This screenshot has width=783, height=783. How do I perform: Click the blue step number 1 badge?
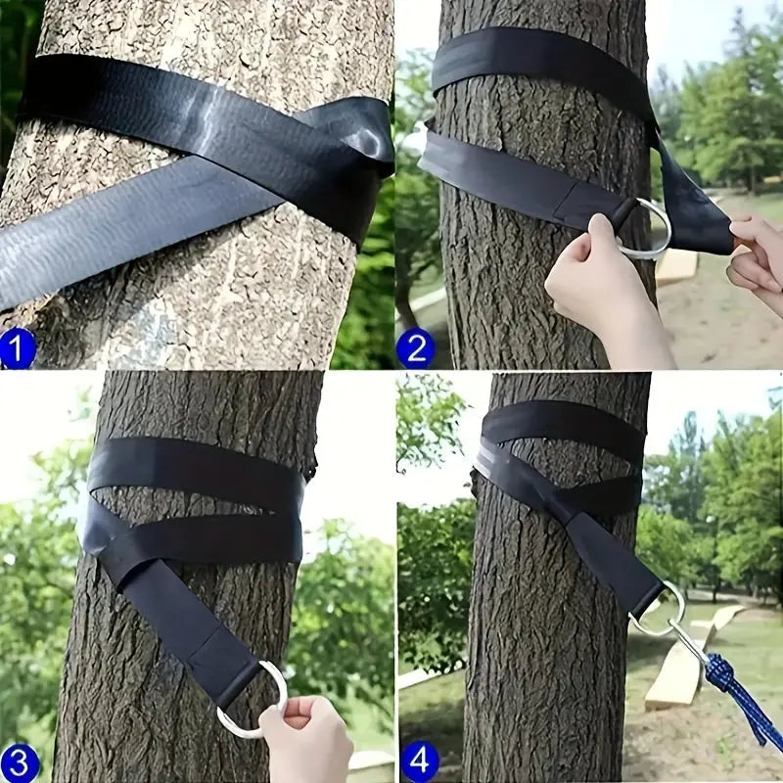[18, 348]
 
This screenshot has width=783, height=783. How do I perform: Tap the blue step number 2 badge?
[415, 348]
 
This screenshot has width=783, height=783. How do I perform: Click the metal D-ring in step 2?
[648, 231]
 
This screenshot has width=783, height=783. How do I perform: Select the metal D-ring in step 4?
[658, 609]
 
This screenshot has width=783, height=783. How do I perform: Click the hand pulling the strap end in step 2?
[759, 254]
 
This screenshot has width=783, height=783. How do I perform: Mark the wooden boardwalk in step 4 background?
[685, 666]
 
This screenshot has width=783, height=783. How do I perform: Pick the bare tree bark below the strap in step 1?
[196, 294]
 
